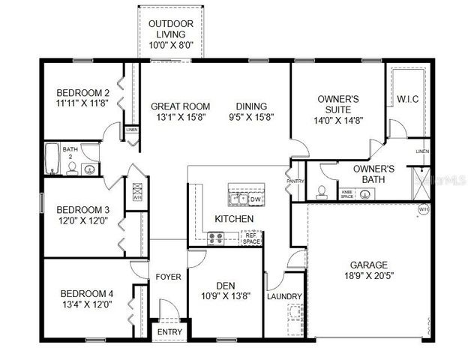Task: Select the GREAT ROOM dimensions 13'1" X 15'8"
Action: point(180,118)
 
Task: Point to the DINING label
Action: point(250,106)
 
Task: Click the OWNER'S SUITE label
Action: point(337,104)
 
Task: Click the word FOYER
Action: point(168,277)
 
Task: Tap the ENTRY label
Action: point(169,332)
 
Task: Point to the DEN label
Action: point(226,285)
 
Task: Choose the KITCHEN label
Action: point(234,218)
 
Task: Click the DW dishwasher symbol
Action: point(255,199)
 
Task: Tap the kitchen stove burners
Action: point(217,238)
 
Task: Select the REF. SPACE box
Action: point(251,238)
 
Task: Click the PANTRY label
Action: point(295,181)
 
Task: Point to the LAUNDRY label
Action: point(284,296)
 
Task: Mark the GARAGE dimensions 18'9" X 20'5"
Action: point(369,276)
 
